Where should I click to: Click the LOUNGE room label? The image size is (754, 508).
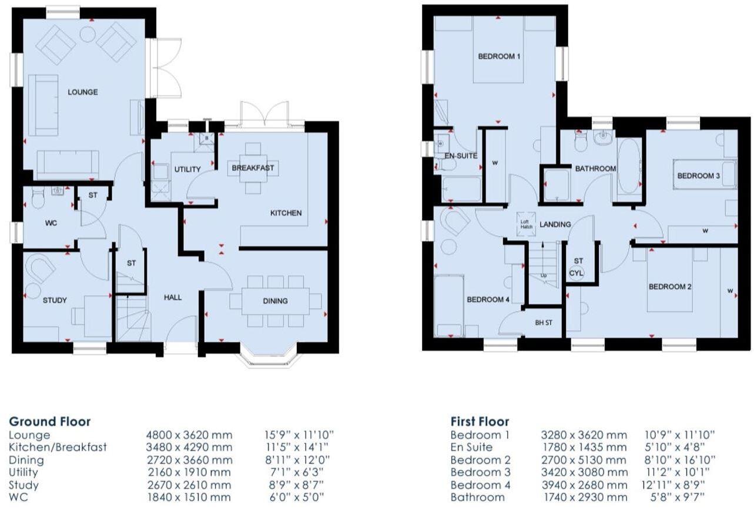(82, 92)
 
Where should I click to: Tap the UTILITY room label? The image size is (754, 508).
(187, 169)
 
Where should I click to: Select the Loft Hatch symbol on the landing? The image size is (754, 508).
(525, 224)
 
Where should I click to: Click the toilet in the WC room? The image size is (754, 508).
(38, 199)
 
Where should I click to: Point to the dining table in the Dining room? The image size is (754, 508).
(275, 301)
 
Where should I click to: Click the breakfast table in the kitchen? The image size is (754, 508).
(253, 168)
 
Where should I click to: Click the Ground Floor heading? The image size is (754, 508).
(50, 421)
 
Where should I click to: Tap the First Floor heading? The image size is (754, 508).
(480, 421)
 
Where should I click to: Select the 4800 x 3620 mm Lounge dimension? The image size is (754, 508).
(189, 435)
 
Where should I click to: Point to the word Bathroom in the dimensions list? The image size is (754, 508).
(478, 497)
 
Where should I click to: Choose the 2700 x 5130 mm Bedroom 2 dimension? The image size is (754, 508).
(584, 460)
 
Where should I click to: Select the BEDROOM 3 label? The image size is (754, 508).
(698, 176)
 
